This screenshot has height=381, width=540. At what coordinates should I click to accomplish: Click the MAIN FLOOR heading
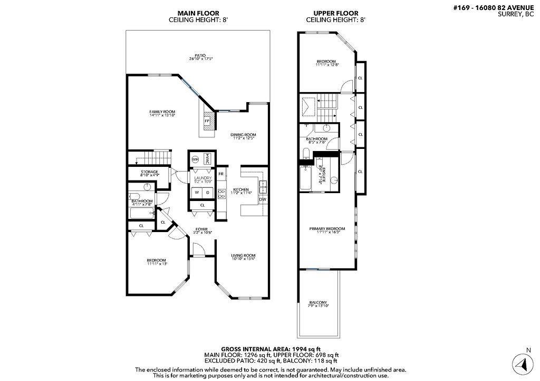[198, 13]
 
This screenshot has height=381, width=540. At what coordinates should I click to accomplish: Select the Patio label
[199, 55]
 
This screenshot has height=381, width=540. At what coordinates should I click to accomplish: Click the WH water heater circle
[195, 159]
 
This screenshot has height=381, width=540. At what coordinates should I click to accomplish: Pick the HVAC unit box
[208, 159]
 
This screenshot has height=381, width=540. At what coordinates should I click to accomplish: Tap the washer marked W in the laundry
[197, 192]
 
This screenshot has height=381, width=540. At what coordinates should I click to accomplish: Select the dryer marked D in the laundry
[208, 192]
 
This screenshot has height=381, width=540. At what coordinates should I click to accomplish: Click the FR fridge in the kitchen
[221, 174]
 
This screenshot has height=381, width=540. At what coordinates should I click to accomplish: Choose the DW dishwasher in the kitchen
[262, 199]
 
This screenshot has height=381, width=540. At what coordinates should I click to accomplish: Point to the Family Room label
[162, 112]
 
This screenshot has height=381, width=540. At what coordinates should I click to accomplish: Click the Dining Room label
[243, 135]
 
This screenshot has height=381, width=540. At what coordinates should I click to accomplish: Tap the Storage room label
[149, 172]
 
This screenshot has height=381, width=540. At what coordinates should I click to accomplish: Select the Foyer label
[201, 229]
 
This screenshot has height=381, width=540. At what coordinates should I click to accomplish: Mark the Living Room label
[243, 256]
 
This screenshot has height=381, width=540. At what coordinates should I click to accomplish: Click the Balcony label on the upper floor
[318, 303]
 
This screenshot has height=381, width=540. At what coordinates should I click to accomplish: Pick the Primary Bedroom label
[327, 229]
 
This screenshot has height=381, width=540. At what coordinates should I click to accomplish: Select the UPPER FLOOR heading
[335, 13]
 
